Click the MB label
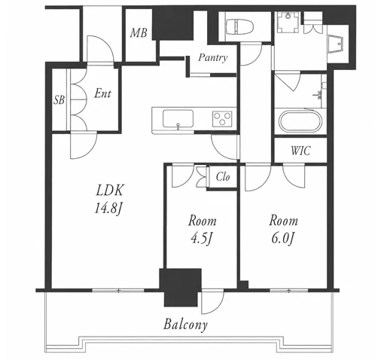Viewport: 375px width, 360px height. [139, 33]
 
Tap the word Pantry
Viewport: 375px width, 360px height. [213, 58]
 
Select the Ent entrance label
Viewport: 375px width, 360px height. [102, 93]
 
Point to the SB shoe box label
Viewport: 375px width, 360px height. [59, 99]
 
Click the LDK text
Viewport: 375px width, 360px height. [110, 191]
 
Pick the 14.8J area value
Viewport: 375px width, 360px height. [108, 209]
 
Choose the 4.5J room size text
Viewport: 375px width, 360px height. [201, 239]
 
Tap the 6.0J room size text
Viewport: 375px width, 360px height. [282, 238]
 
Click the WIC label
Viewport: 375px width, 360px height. [300, 151]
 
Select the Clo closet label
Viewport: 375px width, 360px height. [223, 177]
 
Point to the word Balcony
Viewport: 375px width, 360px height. [185, 325]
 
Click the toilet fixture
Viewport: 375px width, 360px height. [239, 26]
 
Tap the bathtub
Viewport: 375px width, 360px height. [300, 121]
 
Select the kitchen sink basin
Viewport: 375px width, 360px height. [178, 118]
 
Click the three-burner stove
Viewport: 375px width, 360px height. [222, 118]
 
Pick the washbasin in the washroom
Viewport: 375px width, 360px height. [335, 44]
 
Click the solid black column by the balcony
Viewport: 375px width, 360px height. [181, 288]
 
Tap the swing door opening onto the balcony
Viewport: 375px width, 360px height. [212, 301]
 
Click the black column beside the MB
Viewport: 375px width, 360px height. [172, 25]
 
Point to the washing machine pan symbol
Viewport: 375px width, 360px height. [288, 22]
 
